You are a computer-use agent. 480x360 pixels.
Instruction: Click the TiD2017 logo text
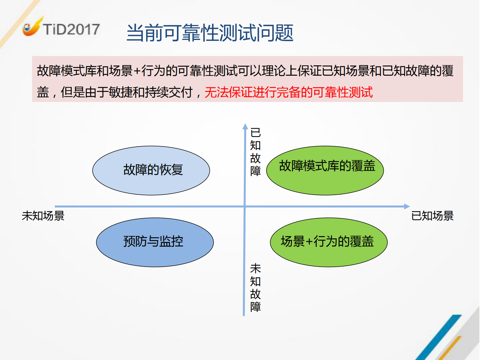click(x=71, y=29)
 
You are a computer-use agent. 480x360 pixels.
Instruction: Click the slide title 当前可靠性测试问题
click(x=210, y=33)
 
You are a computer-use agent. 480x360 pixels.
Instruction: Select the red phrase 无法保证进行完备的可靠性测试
click(x=289, y=92)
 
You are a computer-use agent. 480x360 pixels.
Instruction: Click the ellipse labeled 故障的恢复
click(x=151, y=170)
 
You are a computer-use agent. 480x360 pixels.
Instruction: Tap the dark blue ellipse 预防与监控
click(x=155, y=242)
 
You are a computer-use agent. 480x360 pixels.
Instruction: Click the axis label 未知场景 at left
click(x=43, y=216)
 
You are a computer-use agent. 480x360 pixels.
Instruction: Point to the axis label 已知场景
click(x=432, y=216)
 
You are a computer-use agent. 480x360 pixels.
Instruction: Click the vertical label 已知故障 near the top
click(x=256, y=152)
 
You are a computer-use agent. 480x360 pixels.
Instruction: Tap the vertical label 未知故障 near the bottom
click(x=256, y=288)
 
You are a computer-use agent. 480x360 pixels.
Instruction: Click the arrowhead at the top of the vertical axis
click(x=245, y=126)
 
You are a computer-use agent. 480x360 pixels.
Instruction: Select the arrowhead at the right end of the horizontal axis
click(x=407, y=207)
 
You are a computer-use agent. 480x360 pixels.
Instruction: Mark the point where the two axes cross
click(x=244, y=207)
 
